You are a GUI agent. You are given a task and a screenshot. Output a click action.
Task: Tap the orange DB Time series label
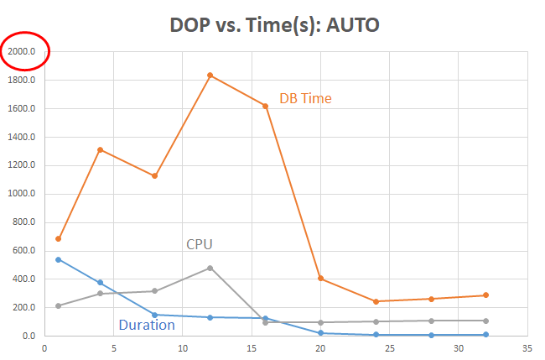coord(305,98)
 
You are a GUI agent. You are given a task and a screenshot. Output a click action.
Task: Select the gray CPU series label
coord(199,244)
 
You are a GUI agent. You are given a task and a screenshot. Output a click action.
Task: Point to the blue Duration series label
coord(147,325)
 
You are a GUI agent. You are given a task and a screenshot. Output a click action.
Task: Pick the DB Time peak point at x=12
coord(210,76)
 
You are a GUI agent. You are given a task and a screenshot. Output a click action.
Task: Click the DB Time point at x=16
coord(265,106)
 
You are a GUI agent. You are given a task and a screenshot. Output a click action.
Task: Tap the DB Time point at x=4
coord(100,149)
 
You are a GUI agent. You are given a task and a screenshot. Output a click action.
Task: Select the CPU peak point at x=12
coord(210,268)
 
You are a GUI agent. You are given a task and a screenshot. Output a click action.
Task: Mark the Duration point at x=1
coord(58,259)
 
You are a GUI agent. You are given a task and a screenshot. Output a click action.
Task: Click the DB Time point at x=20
coord(320,279)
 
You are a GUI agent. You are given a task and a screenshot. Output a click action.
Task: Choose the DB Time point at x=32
coord(485,295)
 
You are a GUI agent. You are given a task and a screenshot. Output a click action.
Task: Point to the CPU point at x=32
coord(485,321)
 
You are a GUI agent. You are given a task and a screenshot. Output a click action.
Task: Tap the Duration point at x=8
coord(155,315)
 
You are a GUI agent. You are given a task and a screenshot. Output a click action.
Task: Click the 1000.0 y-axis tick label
coord(22,194)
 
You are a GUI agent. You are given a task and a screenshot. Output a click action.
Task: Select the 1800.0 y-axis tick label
coord(22,81)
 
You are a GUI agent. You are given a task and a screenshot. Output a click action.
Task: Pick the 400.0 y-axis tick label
coord(24,279)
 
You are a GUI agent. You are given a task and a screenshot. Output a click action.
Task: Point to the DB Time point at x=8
coord(155,176)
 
